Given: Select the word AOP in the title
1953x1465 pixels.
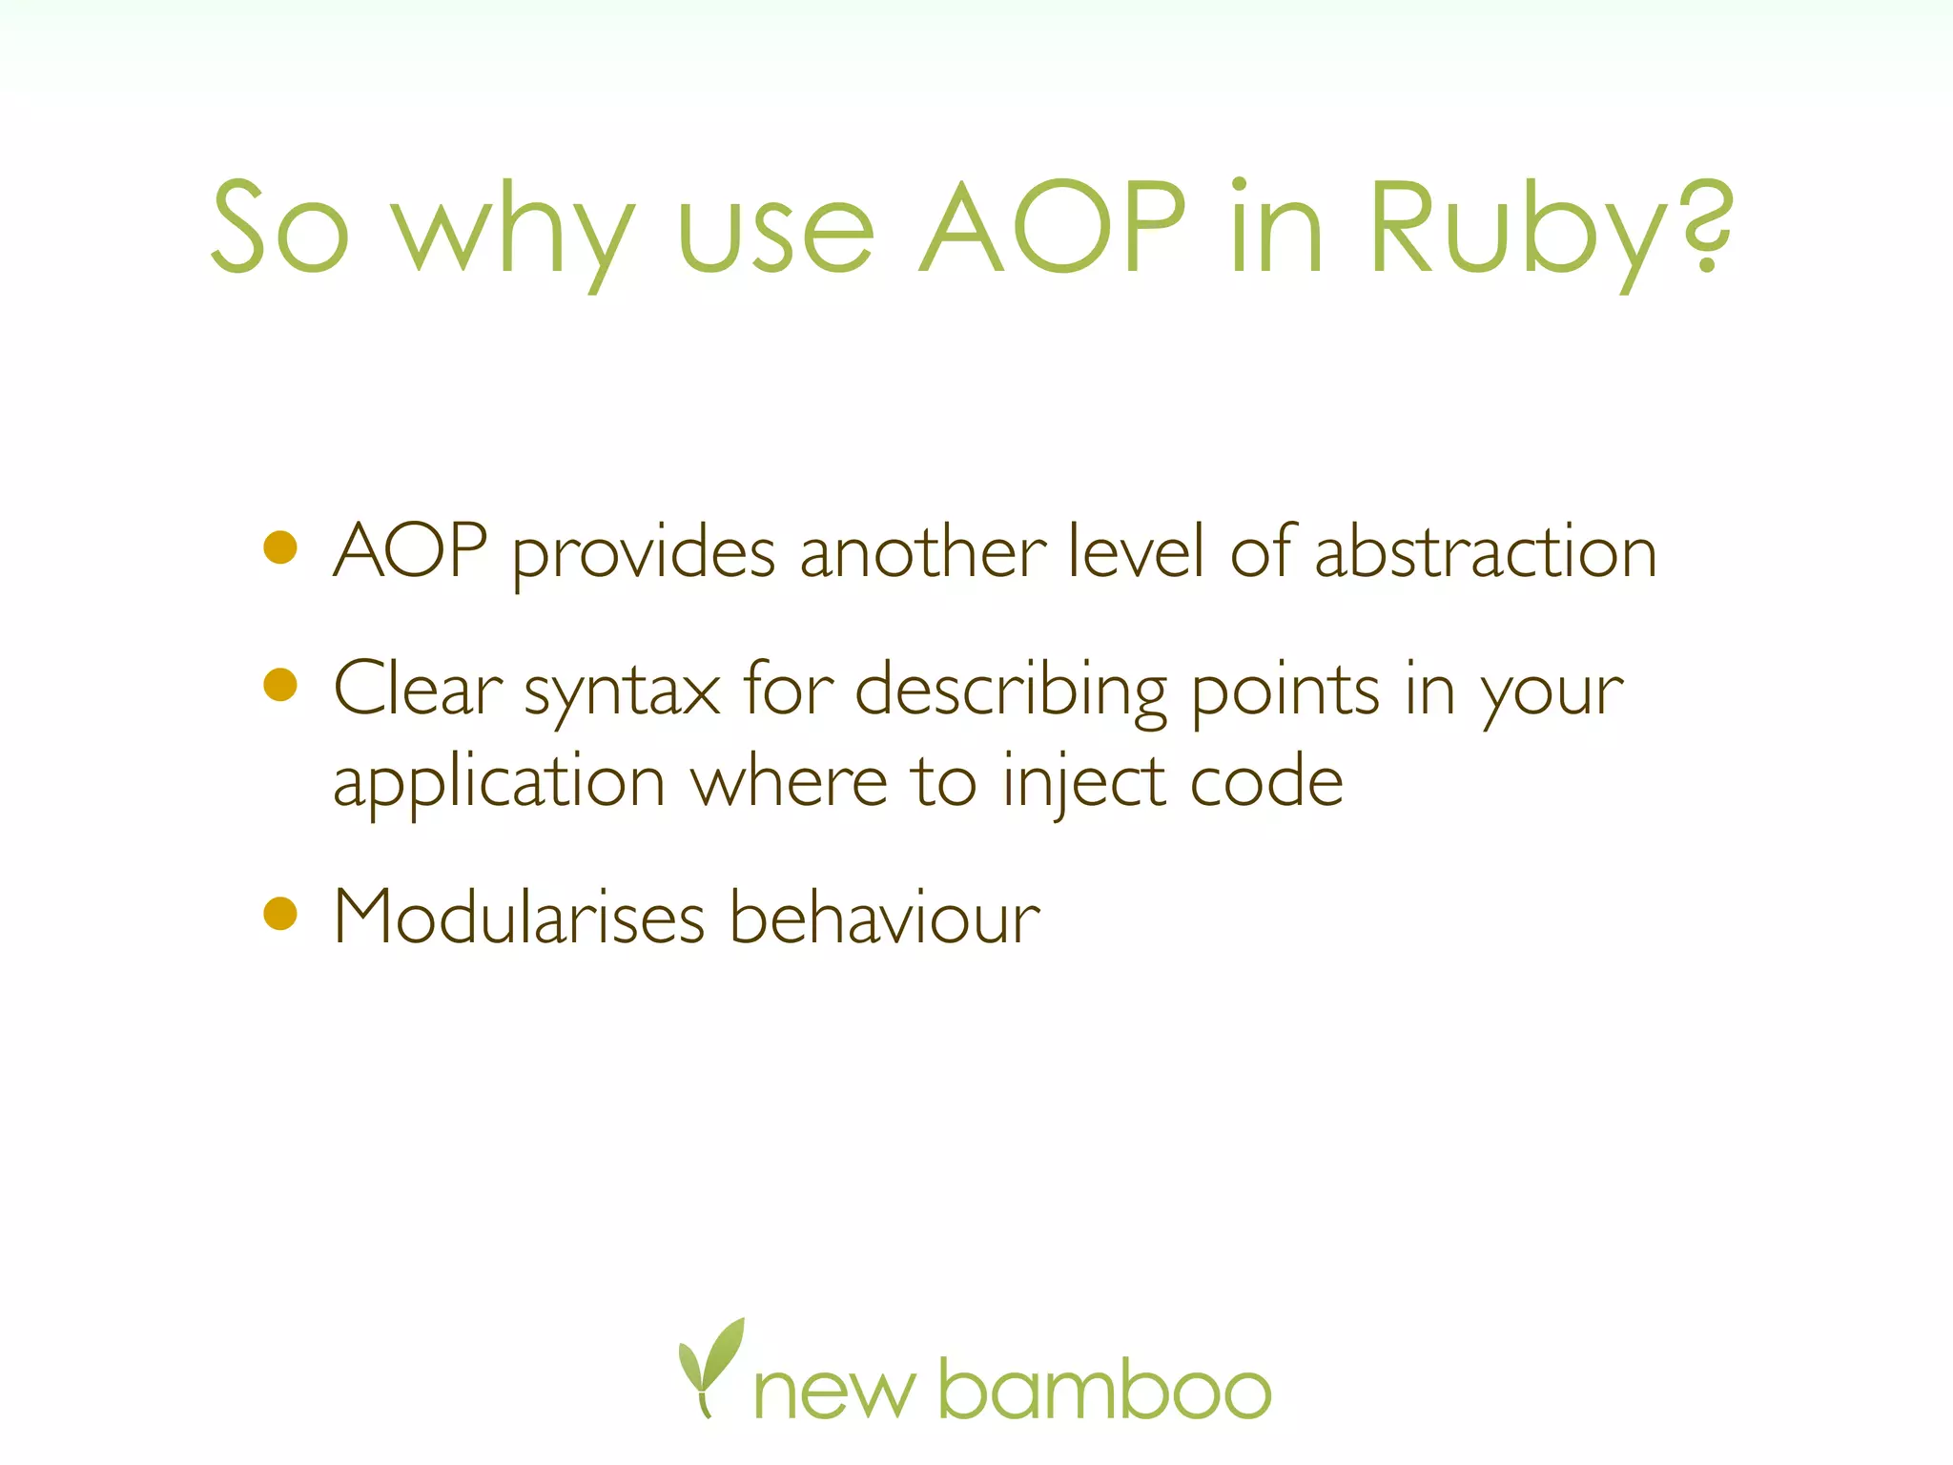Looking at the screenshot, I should pyautogui.click(x=1053, y=229).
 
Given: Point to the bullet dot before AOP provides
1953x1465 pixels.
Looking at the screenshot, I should pyautogui.click(x=280, y=547).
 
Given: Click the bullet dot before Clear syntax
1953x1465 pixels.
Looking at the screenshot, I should pyautogui.click(x=280, y=684).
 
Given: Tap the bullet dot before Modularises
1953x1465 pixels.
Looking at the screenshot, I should pyautogui.click(x=280, y=913).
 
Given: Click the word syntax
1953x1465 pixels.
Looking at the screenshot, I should pyautogui.click(x=622, y=691).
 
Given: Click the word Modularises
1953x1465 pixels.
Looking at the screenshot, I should pyautogui.click(x=519, y=918).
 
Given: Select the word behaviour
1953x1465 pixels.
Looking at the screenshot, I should pyautogui.click(x=884, y=918).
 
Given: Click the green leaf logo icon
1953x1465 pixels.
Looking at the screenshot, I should pyautogui.click(x=709, y=1364).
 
